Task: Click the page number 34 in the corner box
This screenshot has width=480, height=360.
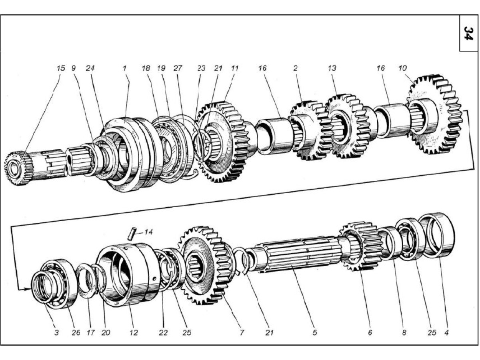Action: pyautogui.click(x=468, y=33)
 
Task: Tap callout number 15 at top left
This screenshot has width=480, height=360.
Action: pyautogui.click(x=60, y=68)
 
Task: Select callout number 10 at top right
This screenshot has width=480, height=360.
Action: pyautogui.click(x=403, y=68)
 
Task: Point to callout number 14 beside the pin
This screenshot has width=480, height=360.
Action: pyautogui.click(x=148, y=232)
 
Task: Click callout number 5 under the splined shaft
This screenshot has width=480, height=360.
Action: pyautogui.click(x=315, y=332)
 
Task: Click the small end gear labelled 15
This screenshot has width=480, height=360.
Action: pyautogui.click(x=18, y=168)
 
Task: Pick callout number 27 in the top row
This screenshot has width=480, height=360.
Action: pyautogui.click(x=178, y=68)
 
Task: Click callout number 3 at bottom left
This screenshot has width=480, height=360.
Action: pyautogui.click(x=56, y=332)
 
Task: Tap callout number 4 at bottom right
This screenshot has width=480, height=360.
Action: pyautogui.click(x=447, y=332)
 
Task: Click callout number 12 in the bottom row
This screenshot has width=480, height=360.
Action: pyautogui.click(x=134, y=332)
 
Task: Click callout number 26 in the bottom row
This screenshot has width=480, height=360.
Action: pyautogui.click(x=76, y=332)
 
